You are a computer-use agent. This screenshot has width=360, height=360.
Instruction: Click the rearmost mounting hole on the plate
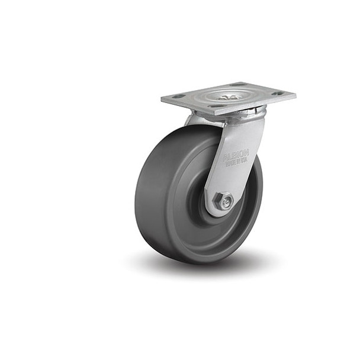[x=238, y=85]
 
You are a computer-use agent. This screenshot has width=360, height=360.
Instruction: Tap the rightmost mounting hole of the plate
[x=277, y=93]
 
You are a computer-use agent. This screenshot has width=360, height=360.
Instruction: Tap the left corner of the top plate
[x=162, y=101]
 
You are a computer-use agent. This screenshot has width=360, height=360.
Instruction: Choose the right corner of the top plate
[x=294, y=95]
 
